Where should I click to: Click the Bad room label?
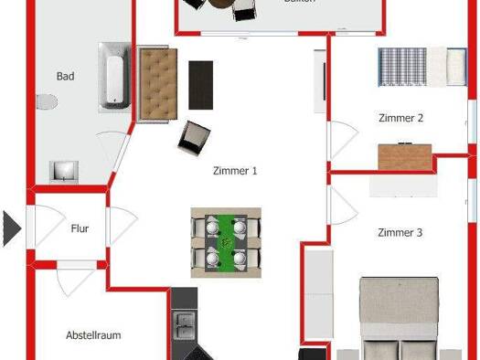[x=65, y=77]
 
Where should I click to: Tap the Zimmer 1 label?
[x=235, y=171]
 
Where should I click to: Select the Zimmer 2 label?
[x=400, y=118]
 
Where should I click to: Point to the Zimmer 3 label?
[x=400, y=233]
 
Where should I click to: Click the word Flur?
[x=80, y=229]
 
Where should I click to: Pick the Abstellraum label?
[x=93, y=335]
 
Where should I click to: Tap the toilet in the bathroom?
[x=48, y=101]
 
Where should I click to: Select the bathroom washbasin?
[x=65, y=171]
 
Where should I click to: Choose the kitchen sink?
[x=184, y=325]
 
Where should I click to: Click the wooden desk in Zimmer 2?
[x=405, y=157]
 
